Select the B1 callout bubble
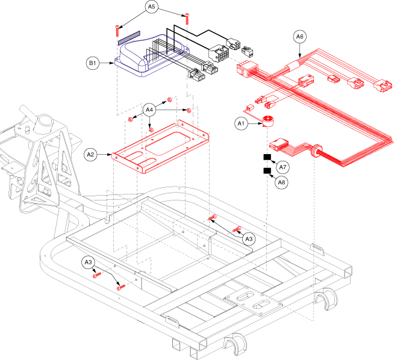(x=93, y=62)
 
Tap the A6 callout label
(x=300, y=37)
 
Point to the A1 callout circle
(x=241, y=124)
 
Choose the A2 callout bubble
(x=91, y=154)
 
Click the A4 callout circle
(x=151, y=110)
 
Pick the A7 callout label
(x=283, y=167)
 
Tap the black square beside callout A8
(x=266, y=171)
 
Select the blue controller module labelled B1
(x=148, y=60)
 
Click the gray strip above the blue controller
(x=128, y=37)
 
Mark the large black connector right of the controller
(x=219, y=54)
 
